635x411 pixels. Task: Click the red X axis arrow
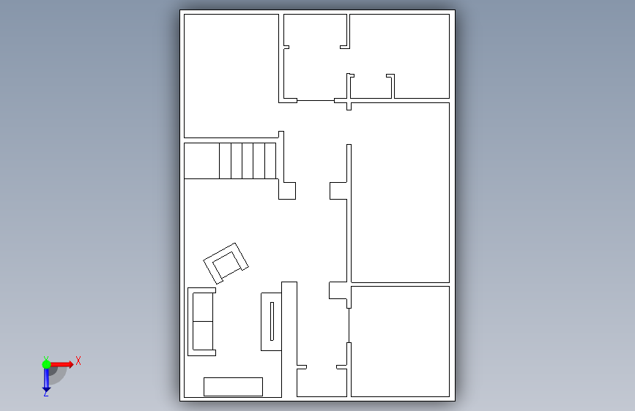pos(61,364)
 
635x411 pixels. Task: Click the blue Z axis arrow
pos(47,380)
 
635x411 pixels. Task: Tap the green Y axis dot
pos(46,364)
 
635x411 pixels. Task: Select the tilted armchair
pos(226,263)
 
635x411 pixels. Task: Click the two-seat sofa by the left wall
pos(201,322)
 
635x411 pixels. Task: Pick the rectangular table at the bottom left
pos(233,387)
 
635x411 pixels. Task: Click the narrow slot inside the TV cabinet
pos(272,321)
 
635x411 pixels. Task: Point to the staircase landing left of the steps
pos(201,161)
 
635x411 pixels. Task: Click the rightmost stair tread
pos(270,161)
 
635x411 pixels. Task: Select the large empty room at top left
pos(231,76)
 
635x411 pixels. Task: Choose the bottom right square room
pos(400,342)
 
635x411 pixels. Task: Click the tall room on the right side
pos(400,192)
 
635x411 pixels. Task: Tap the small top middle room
pos(315,56)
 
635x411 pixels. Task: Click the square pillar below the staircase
pos(287,191)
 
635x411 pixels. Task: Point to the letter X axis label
pos(78,361)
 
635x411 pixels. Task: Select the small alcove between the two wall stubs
pos(371,86)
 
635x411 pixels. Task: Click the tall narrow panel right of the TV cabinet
pos(289,339)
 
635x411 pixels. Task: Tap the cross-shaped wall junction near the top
pos(349,101)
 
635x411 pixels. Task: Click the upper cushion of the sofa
pos(203,307)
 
